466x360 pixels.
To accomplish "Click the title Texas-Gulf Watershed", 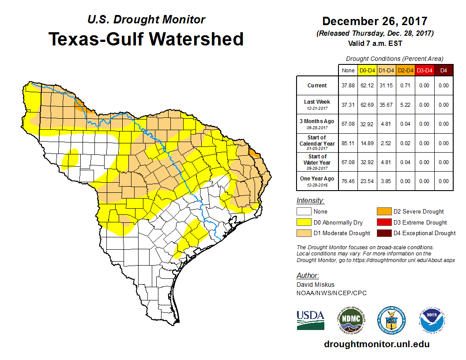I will click(146, 39).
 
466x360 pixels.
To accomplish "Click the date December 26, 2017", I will click(375, 21).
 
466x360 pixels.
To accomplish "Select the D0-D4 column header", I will click(367, 70).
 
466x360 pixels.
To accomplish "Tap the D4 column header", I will click(443, 70).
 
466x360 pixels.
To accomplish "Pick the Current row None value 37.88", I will click(348, 86).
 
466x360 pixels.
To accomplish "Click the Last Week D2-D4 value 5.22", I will click(405, 105).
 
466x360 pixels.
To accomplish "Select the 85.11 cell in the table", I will click(348, 143).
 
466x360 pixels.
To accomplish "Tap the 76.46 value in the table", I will click(348, 181).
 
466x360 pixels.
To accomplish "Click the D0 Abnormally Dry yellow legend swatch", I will click(303, 222).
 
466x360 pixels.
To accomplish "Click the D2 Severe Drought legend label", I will click(418, 212).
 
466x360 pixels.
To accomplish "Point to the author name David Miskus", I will click(315, 285).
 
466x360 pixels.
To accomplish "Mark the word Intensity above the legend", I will click(310, 201).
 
